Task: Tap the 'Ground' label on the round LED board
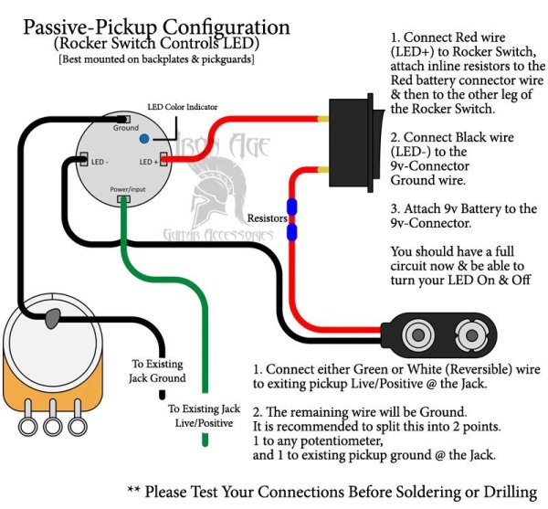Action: pos(126,128)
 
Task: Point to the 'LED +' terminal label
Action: pos(150,162)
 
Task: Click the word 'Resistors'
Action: pos(268,219)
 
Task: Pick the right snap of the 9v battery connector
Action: pos(476,330)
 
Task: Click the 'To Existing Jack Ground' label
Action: pos(157,370)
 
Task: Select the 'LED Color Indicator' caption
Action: pos(184,107)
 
